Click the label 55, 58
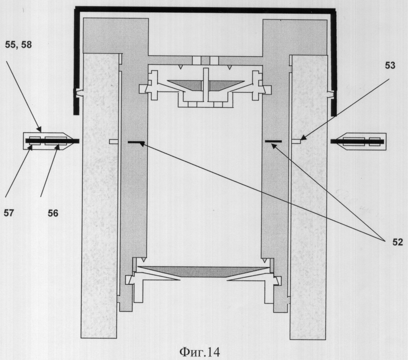pos(18,45)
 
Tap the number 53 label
pos(390,66)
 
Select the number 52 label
pos(397,242)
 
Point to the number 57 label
pos(8,213)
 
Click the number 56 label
pos(53,213)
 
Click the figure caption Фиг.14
pos(200,352)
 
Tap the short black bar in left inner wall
pos(136,142)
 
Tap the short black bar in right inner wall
pos(273,141)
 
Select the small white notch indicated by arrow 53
pos(296,141)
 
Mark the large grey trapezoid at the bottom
pos(204,271)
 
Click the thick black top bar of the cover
pos(205,9)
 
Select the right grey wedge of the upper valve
pos(226,85)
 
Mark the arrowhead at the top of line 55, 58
pos(40,129)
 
